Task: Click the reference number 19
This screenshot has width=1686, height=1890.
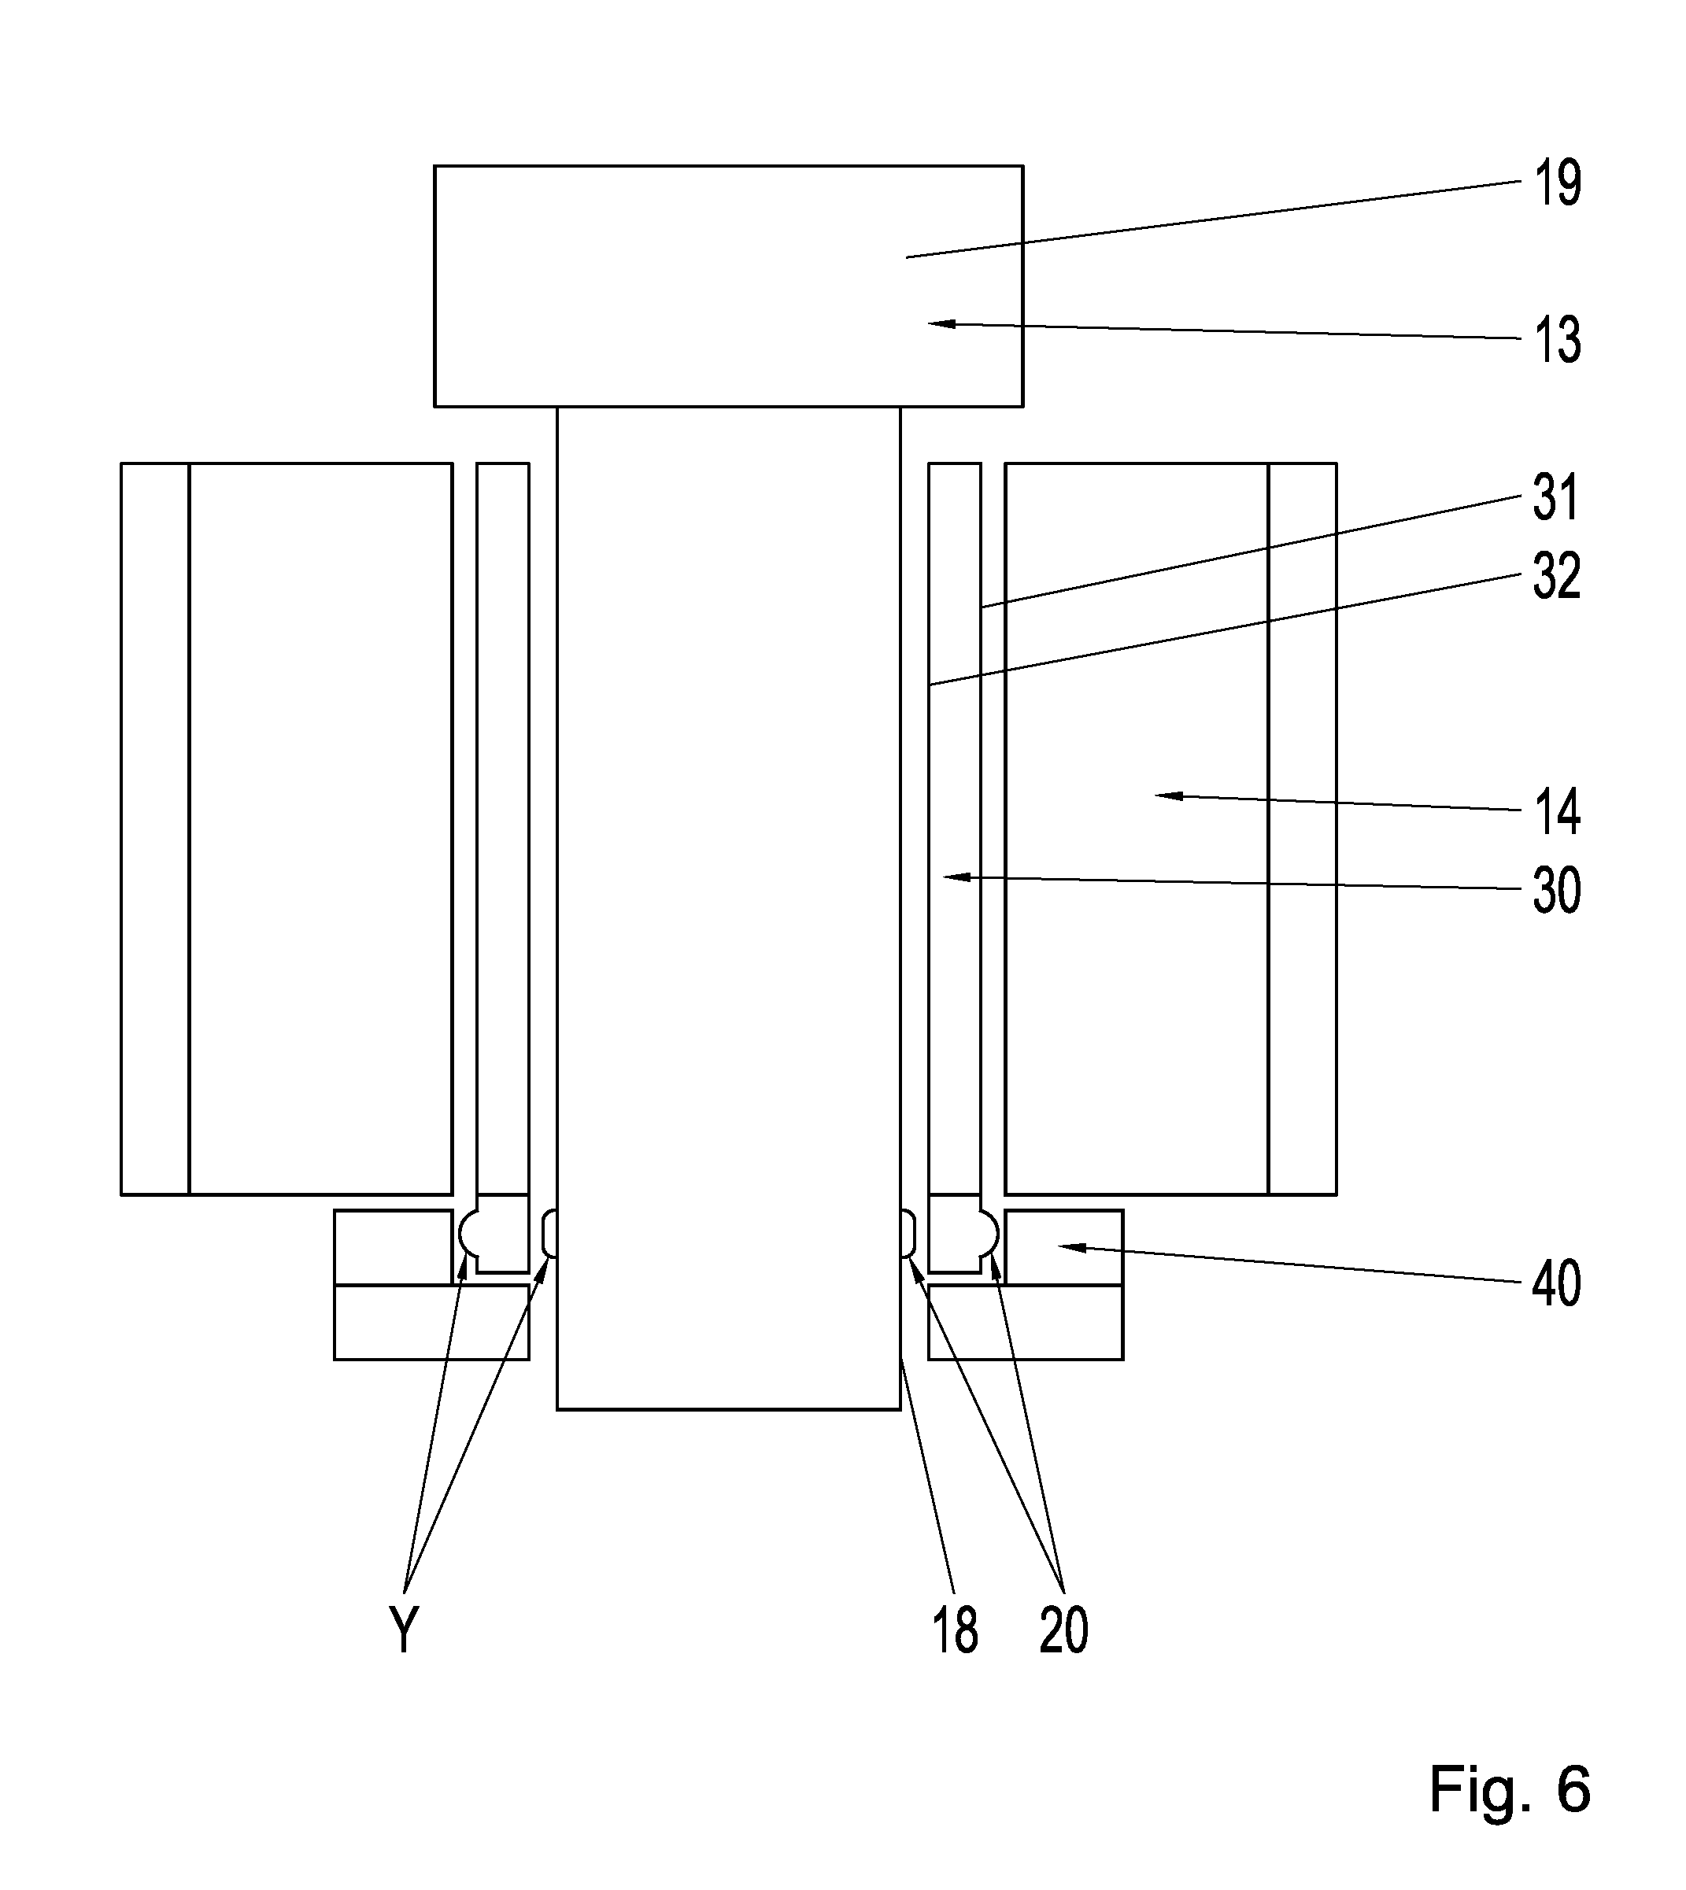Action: (1557, 183)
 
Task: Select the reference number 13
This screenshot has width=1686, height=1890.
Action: (1557, 340)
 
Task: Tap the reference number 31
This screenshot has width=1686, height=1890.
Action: (1556, 497)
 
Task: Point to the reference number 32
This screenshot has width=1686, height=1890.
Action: (1556, 575)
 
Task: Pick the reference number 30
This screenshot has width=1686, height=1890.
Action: (1556, 891)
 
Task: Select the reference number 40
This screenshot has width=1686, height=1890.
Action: (1556, 1283)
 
